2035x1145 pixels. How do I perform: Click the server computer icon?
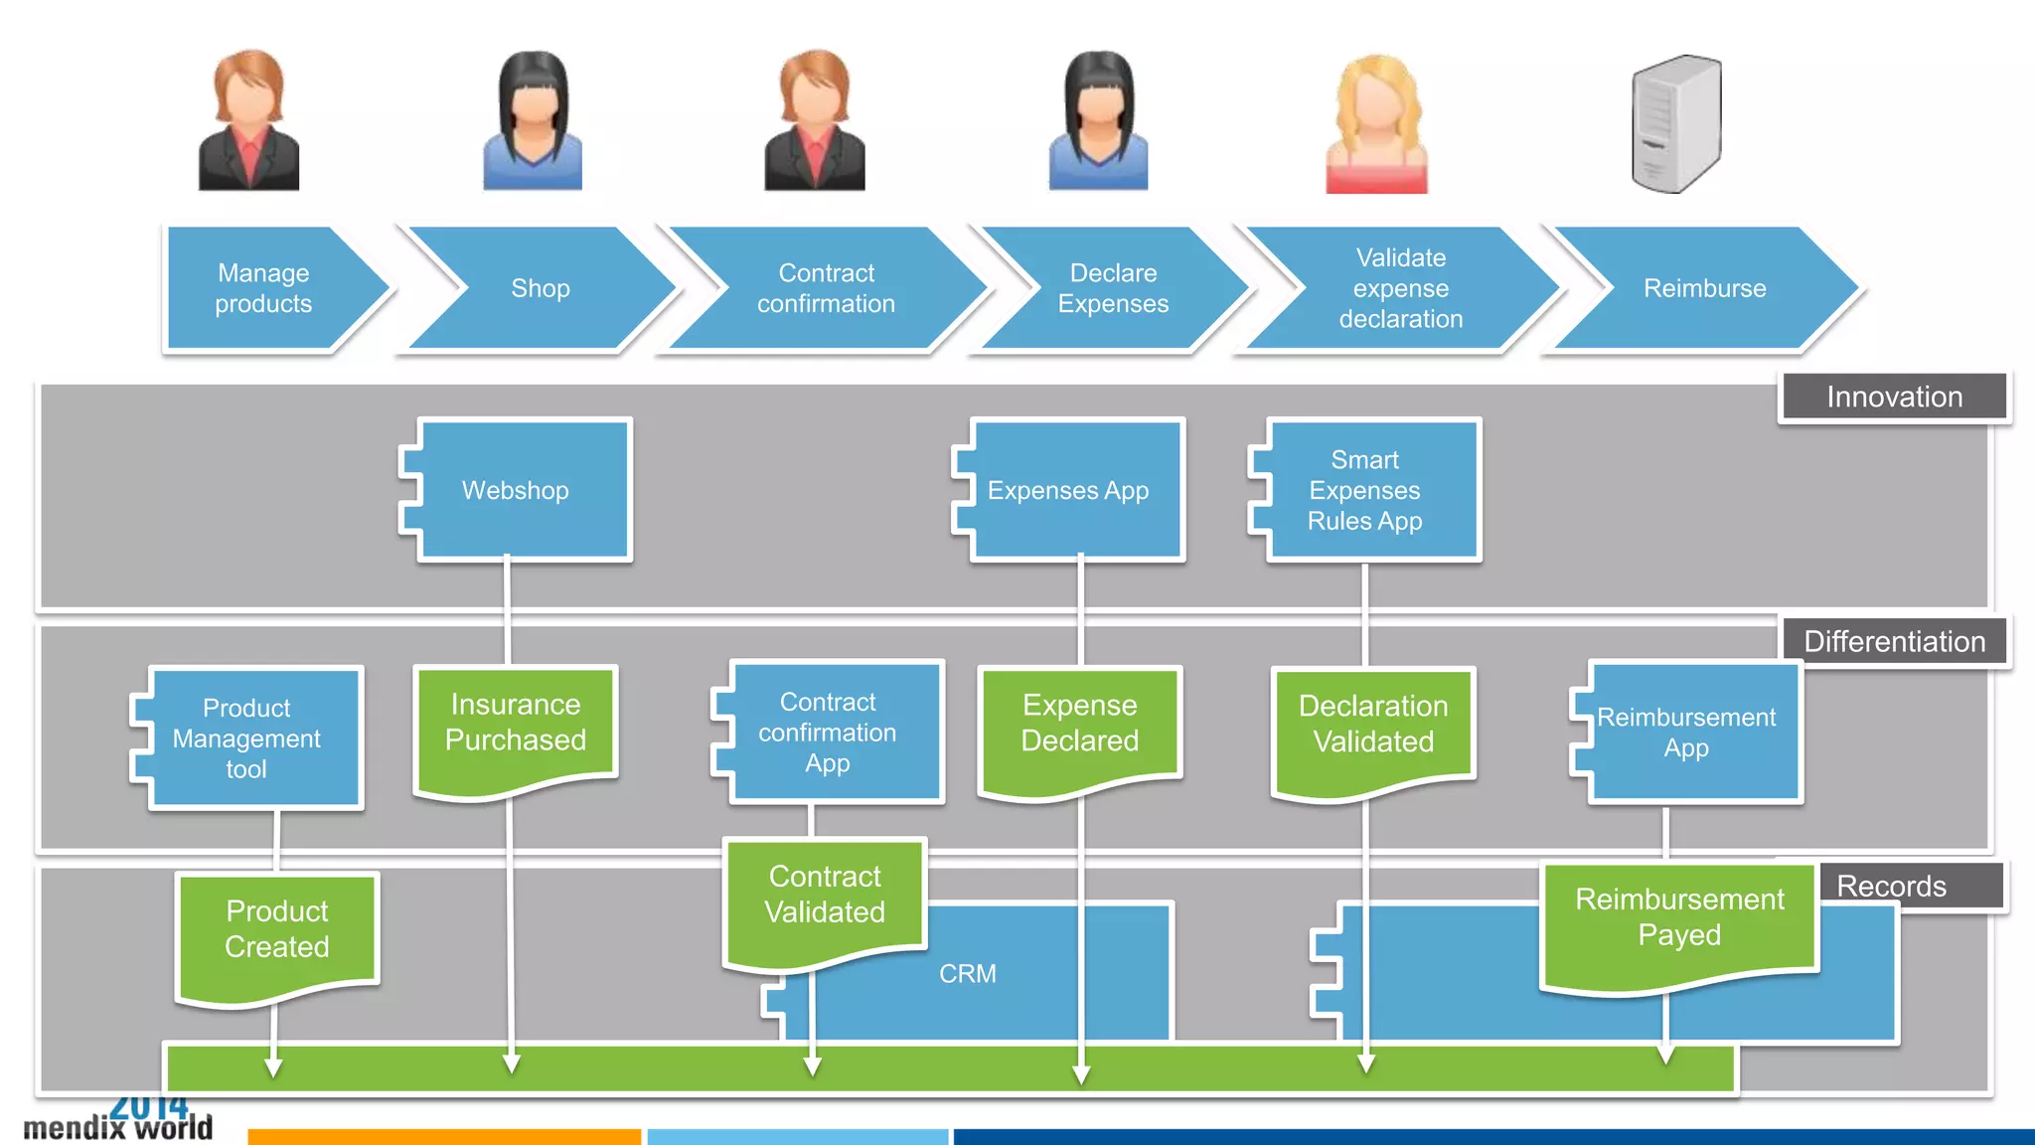coord(1676,123)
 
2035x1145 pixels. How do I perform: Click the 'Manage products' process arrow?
coord(264,288)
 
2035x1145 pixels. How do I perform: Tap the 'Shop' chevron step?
coord(541,288)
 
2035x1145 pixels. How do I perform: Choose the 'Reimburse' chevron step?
coord(1704,288)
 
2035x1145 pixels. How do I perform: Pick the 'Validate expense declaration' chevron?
coord(1400,288)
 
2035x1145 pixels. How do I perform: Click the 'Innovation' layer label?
coord(1894,397)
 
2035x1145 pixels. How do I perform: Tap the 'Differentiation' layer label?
coord(1894,641)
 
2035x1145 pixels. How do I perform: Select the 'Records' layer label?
coord(1892,886)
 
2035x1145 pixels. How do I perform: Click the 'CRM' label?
coord(968,973)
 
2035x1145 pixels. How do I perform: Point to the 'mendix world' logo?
coord(117,1121)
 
